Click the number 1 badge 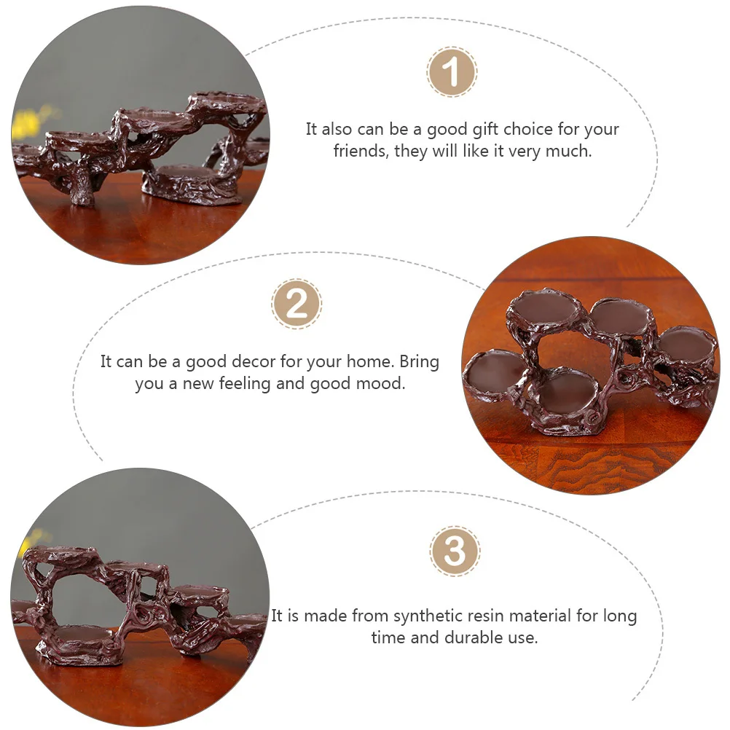pos(452,73)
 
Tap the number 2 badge pos(297,304)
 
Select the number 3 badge pos(455,552)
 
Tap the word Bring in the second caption pos(419,362)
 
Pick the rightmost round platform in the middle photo pos(686,344)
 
